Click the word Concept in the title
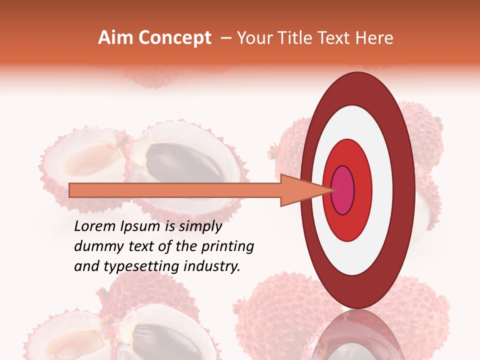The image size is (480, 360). tap(174, 38)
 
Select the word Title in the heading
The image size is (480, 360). tap(299, 38)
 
